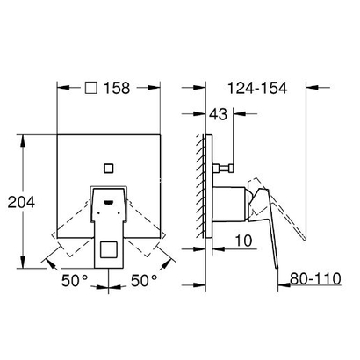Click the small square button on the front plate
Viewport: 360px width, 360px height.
point(109,166)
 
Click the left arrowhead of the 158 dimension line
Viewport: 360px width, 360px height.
point(59,90)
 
